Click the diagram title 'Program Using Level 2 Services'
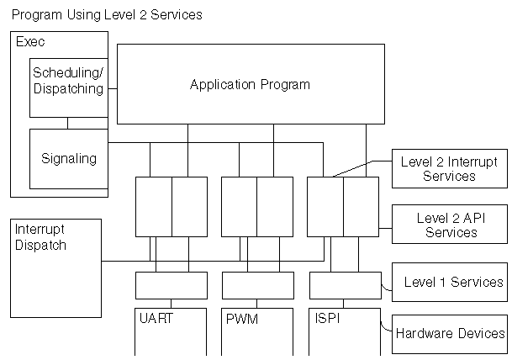[x=107, y=15]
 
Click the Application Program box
[x=250, y=84]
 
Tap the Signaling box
[x=69, y=158]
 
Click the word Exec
[x=30, y=41]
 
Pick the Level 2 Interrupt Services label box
[x=450, y=168]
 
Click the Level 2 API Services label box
[x=450, y=225]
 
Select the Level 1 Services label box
[x=450, y=282]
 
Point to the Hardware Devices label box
[x=450, y=333]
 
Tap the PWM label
[x=242, y=320]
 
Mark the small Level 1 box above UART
[x=172, y=285]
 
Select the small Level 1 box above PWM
[x=258, y=285]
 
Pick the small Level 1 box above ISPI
[x=345, y=285]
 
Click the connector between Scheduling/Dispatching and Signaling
[x=69, y=123]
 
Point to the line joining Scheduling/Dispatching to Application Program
[x=112, y=87]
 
